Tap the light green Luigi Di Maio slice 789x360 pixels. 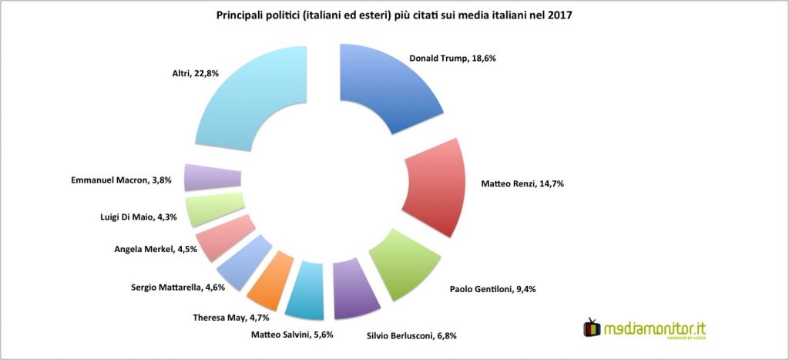[x=214, y=208]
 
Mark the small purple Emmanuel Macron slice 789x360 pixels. [x=212, y=178]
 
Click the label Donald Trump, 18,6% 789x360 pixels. [x=458, y=58]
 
